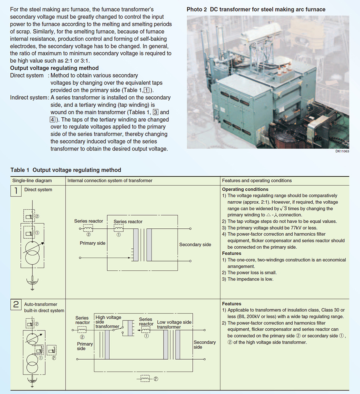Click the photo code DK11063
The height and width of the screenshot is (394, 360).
point(342,151)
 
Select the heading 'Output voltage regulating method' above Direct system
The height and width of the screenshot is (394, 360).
point(54,68)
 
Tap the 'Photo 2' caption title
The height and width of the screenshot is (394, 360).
point(256,9)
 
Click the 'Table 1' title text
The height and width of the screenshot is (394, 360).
point(66,170)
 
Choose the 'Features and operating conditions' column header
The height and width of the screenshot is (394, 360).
point(257,181)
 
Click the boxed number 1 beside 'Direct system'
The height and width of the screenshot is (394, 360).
point(16,190)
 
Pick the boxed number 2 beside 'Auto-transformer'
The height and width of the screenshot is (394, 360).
point(16,304)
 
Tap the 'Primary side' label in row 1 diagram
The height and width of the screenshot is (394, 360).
point(93,243)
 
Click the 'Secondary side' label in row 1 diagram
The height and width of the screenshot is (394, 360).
point(195,244)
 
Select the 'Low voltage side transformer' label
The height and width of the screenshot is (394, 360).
point(174,324)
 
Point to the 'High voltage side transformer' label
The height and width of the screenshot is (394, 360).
point(108,322)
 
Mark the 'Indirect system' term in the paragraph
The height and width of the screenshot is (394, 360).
point(28,98)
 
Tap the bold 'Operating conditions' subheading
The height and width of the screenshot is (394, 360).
point(245,190)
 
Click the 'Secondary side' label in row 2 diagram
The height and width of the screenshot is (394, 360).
point(204,345)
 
